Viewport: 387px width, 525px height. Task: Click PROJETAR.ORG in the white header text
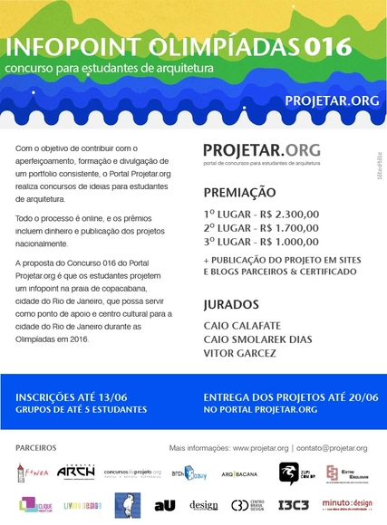point(332,100)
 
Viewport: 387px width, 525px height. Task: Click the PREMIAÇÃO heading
point(239,193)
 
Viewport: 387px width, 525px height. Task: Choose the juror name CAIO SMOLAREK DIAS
point(258,339)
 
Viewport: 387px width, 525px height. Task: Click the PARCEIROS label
point(36,448)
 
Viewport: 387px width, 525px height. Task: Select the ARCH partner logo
point(75,472)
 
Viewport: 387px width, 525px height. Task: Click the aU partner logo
point(164,505)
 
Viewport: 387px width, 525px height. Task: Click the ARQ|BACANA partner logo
point(239,473)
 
